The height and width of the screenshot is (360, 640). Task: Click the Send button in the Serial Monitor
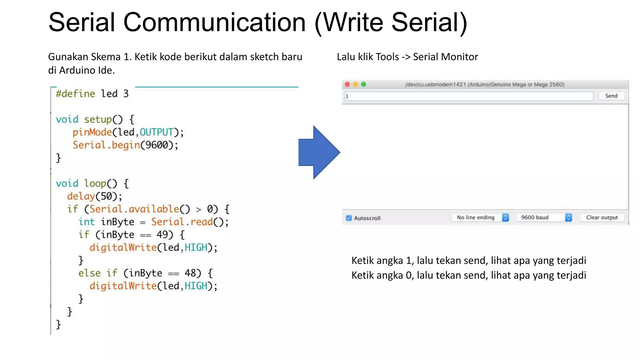point(611,96)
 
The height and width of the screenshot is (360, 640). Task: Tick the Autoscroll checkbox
point(349,218)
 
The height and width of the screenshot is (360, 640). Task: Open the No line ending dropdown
point(481,217)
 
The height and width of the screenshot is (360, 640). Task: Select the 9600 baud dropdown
point(544,217)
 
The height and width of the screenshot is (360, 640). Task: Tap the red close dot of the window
point(347,84)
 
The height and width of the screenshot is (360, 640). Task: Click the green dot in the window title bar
point(363,84)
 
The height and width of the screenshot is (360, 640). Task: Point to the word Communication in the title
point(215,22)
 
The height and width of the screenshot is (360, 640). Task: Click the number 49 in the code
point(162,234)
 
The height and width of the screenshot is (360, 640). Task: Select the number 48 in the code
point(190,273)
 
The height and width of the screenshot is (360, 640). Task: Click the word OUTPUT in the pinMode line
point(156,132)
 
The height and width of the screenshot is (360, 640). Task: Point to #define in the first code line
point(75,94)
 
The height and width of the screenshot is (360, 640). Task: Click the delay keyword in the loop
point(81,196)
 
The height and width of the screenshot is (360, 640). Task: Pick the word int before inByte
point(87,222)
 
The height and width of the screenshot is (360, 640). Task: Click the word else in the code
point(89,273)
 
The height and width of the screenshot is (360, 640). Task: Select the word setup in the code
point(98,119)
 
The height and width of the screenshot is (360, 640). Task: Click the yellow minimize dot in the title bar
point(355,84)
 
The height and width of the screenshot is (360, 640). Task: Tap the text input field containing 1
point(469,96)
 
